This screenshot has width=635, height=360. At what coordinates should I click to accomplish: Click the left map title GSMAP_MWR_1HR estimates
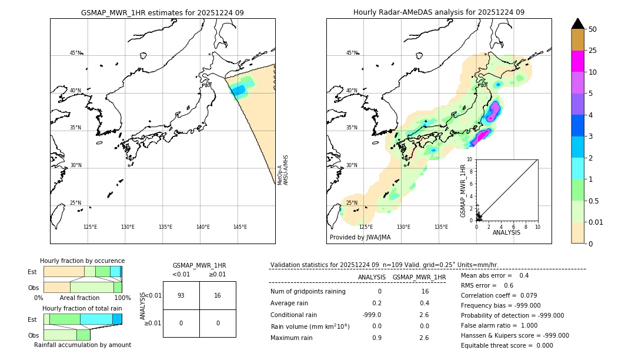pos(162,12)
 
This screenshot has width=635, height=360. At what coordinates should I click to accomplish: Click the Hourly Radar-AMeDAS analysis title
pos(439,12)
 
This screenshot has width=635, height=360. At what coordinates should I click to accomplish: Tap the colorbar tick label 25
pos(593,51)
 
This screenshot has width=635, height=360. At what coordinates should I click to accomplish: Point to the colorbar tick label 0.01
pos(596,222)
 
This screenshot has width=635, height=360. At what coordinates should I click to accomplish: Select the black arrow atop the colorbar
pos(578,24)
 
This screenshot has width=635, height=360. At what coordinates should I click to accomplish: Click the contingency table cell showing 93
pos(181,295)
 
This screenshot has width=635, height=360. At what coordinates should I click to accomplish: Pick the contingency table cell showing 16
pos(218,295)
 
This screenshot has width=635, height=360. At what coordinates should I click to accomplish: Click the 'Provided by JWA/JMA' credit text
pos(360,237)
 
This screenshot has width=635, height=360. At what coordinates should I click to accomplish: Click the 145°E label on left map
pos(240,227)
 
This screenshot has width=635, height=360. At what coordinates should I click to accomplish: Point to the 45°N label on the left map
pos(76,53)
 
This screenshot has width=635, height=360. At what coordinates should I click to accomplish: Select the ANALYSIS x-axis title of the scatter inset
pos(506,232)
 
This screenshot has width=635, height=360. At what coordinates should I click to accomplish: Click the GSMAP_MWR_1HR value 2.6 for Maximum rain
pos(423,338)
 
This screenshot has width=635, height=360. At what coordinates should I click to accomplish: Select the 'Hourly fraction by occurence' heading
pos(82,261)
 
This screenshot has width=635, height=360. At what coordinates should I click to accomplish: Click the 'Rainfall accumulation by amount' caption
pos(82,345)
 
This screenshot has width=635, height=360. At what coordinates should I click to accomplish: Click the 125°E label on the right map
pos(366,227)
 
